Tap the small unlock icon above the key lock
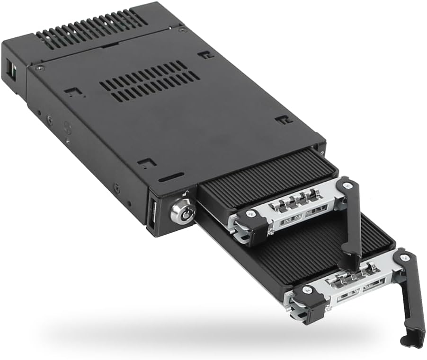point(188,193)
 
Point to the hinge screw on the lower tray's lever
point(403,258)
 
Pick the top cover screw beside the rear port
point(41,68)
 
